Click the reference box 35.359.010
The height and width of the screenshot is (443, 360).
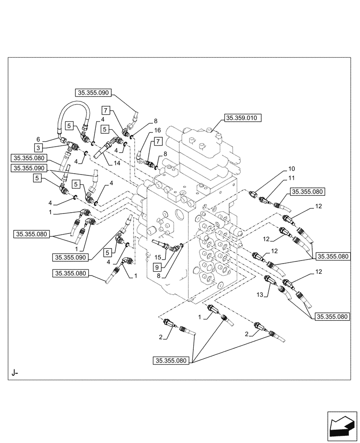pyautogui.click(x=243, y=118)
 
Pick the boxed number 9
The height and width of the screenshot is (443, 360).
pyautogui.click(x=157, y=266)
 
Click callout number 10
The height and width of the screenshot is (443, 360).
pyautogui.click(x=291, y=169)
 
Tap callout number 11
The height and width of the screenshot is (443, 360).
pyautogui.click(x=291, y=178)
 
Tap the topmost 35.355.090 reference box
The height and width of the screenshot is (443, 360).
pyautogui.click(x=93, y=93)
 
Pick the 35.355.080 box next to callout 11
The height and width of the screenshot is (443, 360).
pyautogui.click(x=308, y=192)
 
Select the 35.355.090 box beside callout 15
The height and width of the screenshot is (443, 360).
pyautogui.click(x=70, y=256)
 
